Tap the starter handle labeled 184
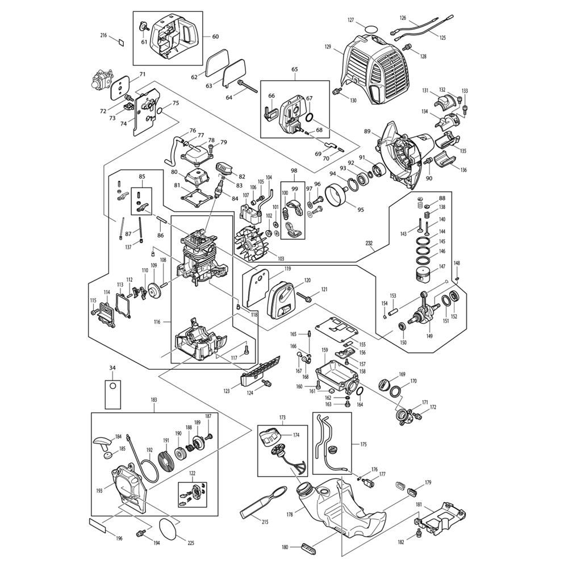point(102,441)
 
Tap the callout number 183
point(153,400)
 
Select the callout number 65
point(295,69)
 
